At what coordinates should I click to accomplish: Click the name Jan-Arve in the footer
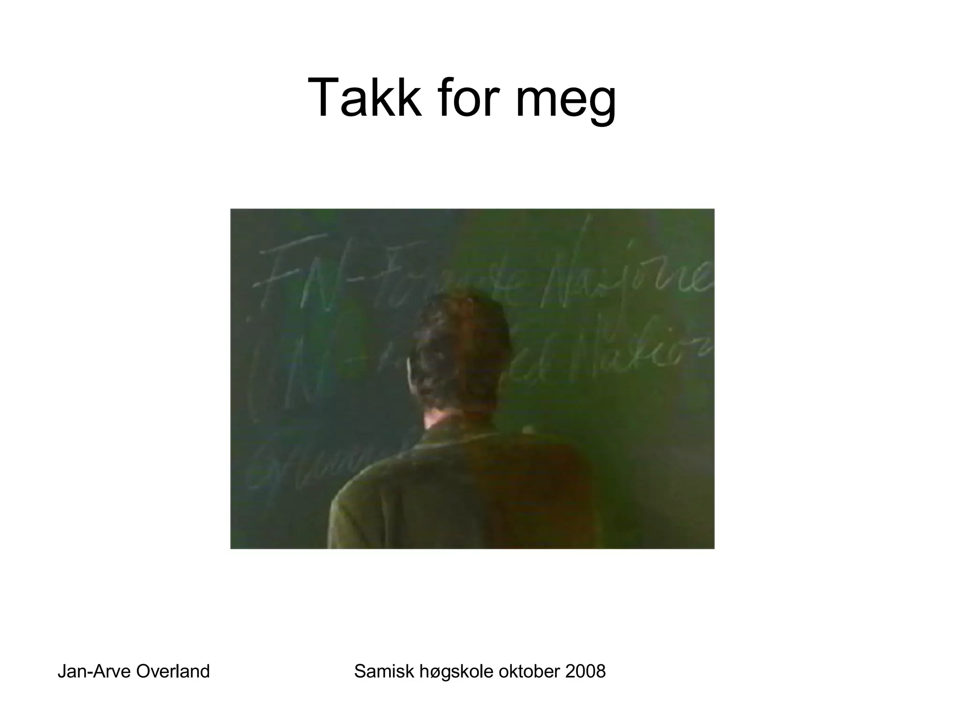pos(93,671)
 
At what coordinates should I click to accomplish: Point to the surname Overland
pos(172,671)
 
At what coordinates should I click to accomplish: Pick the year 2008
pos(585,671)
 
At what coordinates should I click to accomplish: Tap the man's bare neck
pos(441,420)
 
